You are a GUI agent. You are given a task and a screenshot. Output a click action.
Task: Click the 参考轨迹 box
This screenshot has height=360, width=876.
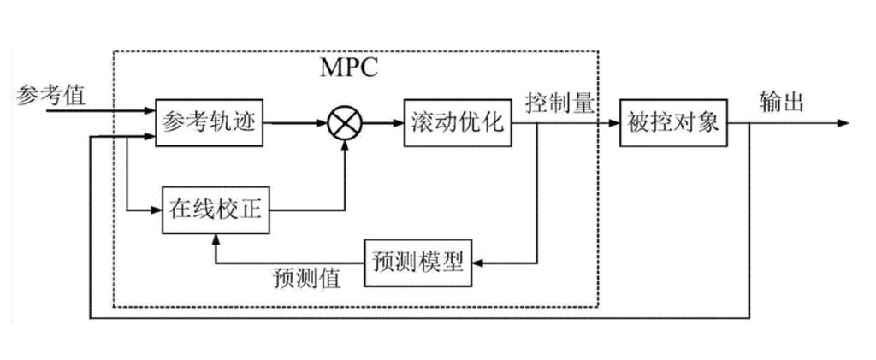tap(210, 123)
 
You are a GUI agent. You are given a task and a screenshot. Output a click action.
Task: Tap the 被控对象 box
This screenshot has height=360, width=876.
tap(671, 123)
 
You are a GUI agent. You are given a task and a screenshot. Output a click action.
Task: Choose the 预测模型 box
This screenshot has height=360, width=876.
tap(418, 263)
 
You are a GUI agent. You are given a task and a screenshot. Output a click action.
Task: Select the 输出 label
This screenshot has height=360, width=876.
tap(780, 103)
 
